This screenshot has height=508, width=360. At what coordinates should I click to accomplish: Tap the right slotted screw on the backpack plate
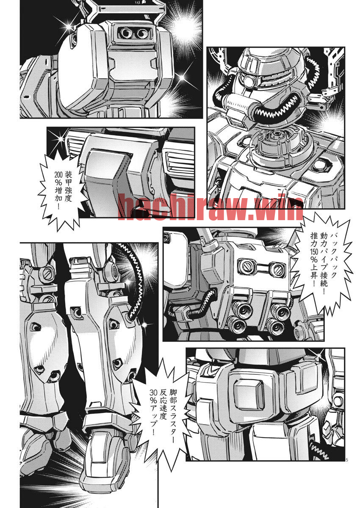point(278,269)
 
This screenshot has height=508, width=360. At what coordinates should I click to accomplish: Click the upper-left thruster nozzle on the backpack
point(244,310)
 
